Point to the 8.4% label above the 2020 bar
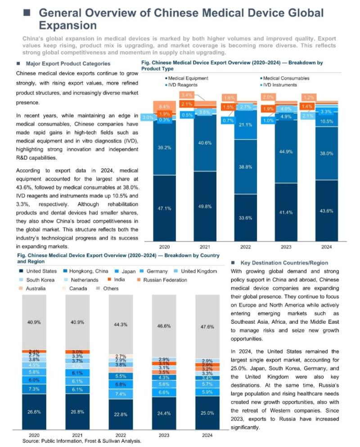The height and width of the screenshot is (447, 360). click(x=164, y=106)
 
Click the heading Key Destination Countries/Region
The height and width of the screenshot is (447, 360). click(x=284, y=262)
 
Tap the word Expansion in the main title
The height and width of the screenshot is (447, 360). click(x=67, y=24)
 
